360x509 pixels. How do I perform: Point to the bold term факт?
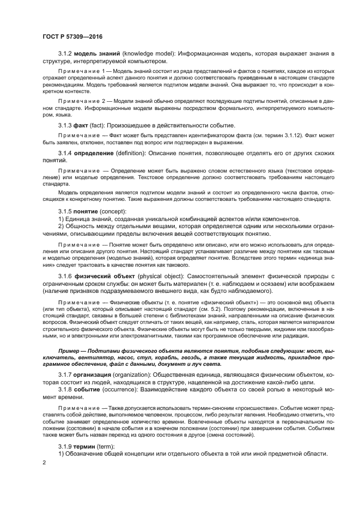pos(81,125)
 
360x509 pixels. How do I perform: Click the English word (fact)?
pos(99,125)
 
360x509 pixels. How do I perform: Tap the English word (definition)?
pos(132,152)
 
